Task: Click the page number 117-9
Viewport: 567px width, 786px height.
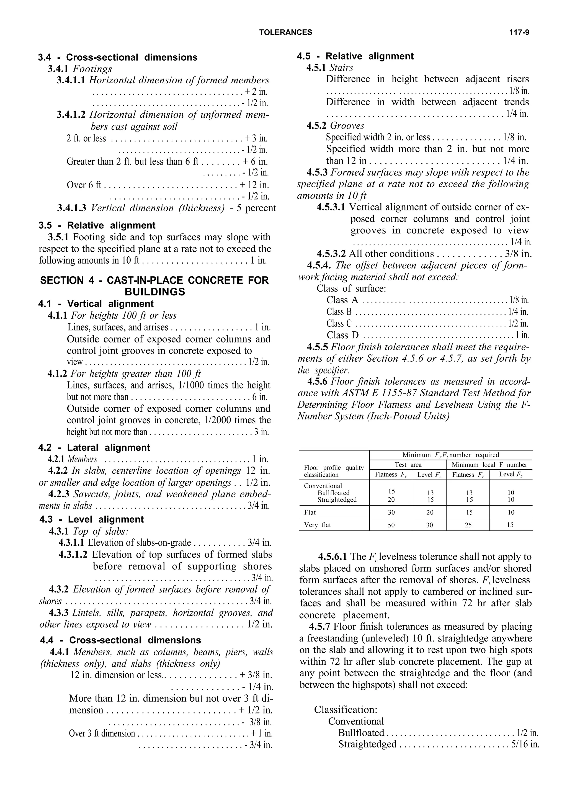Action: tap(519, 33)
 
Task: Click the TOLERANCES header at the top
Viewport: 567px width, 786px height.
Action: tap(286, 33)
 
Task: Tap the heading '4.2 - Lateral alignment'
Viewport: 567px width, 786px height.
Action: tap(94, 447)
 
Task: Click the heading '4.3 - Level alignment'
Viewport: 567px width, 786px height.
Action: tap(91, 519)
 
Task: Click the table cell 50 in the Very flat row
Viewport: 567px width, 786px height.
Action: tap(391, 525)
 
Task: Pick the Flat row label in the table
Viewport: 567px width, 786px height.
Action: tap(310, 512)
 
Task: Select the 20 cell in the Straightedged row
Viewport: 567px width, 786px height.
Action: tap(391, 500)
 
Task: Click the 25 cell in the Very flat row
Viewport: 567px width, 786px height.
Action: tap(468, 525)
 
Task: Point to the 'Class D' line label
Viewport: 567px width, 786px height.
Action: tap(342, 335)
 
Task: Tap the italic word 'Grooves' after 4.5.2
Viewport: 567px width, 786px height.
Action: tap(347, 125)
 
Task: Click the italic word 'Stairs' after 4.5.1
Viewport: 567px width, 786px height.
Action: tap(341, 68)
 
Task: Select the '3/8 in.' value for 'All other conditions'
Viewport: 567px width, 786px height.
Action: tap(518, 254)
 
